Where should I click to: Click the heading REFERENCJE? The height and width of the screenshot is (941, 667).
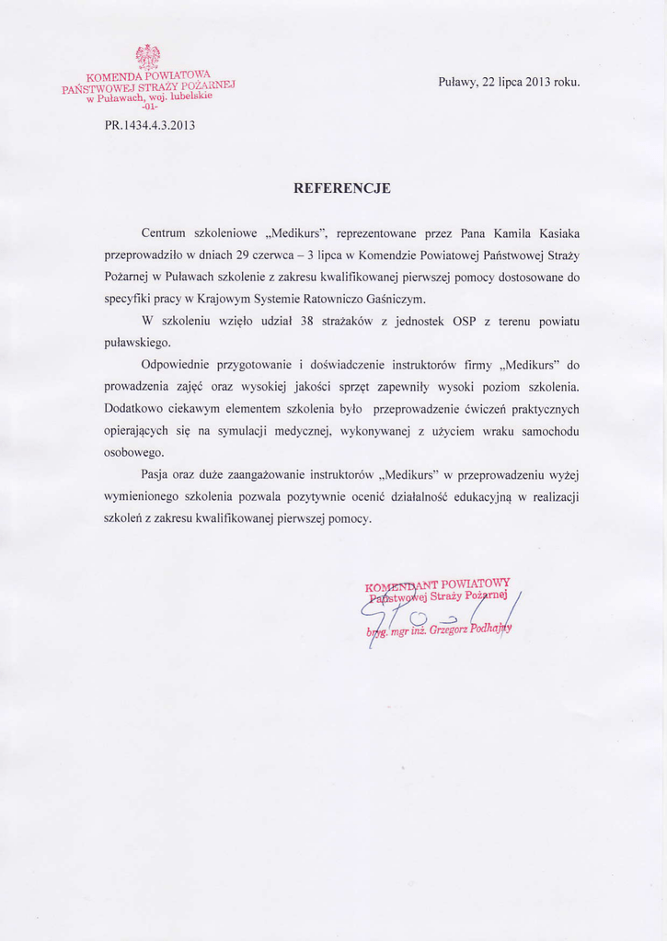pos(341,188)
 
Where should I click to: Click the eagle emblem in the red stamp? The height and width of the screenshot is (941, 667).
pos(148,57)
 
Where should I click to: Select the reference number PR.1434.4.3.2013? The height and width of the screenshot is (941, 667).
pos(150,125)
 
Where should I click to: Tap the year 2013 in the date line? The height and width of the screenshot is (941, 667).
pos(538,82)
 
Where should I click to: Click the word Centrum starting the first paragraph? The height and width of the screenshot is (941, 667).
pos(163,232)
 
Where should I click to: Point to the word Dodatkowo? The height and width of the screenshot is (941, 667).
pos(133,409)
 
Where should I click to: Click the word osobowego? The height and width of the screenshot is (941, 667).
pos(133,453)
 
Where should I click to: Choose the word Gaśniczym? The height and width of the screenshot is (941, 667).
pos(396,299)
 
